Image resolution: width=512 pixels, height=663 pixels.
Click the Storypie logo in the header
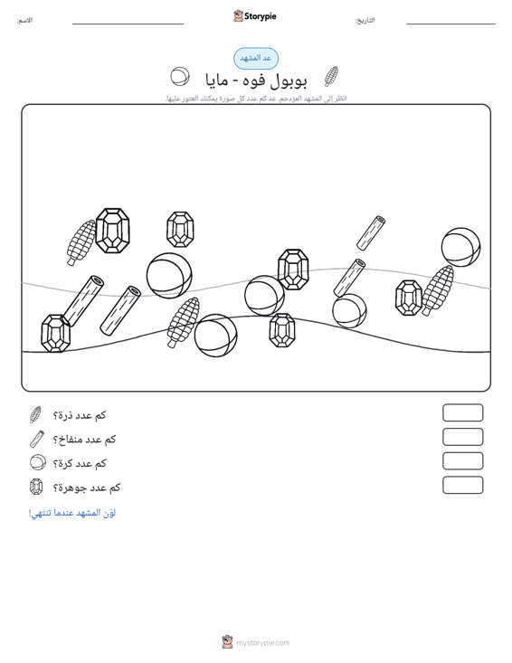point(255,16)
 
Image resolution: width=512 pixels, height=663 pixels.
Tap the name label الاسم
point(24,20)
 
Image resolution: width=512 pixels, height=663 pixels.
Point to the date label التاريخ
point(365,20)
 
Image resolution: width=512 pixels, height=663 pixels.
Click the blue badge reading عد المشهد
point(256,59)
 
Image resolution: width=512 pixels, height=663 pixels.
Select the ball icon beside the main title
point(180,77)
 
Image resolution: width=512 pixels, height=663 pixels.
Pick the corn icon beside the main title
point(331,77)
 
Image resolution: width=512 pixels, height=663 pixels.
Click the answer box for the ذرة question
point(462,412)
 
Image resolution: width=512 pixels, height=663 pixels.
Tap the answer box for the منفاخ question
point(462,437)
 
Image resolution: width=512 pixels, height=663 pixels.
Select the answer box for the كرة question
point(462,461)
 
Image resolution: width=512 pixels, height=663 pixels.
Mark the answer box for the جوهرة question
point(462,485)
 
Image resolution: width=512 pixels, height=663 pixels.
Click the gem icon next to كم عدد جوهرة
point(36,487)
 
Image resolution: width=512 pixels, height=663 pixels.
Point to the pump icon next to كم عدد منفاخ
point(37,439)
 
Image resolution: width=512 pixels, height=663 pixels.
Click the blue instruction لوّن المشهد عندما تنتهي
point(71,513)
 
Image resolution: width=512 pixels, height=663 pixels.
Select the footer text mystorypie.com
point(263,643)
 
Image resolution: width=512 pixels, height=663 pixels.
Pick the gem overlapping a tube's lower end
point(55,334)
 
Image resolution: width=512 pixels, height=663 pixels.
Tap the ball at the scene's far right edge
point(460,247)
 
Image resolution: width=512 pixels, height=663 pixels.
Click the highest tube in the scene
point(371,233)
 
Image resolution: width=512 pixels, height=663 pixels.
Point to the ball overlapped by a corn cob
point(215,336)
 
